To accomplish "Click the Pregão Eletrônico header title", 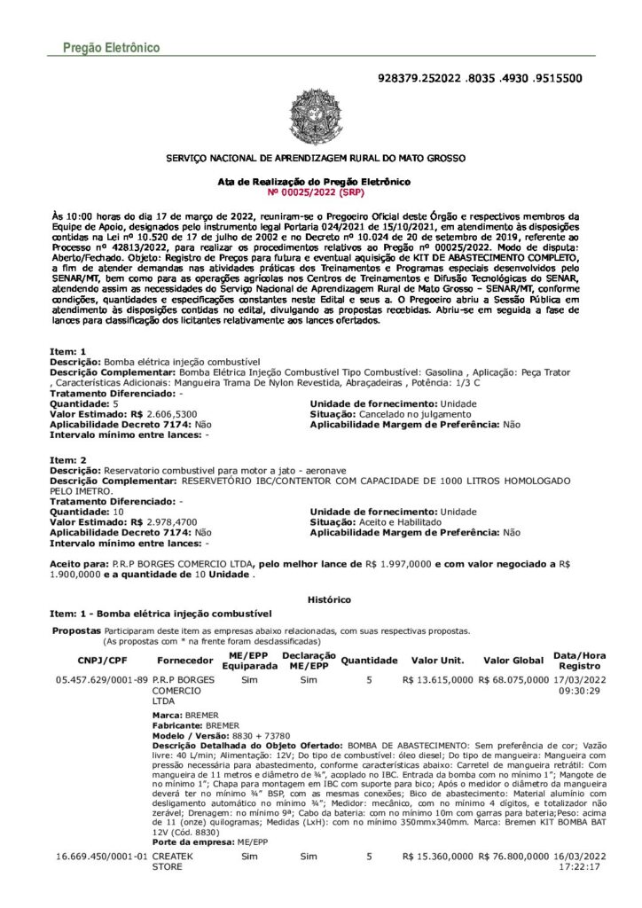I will pyautogui.click(x=111, y=46).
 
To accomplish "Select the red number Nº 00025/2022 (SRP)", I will pyautogui.click(x=315, y=191).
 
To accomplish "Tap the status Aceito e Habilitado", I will pyautogui.click(x=399, y=523).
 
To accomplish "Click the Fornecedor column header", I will pyautogui.click(x=184, y=661).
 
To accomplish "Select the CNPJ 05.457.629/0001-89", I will pyautogui.click(x=101, y=680).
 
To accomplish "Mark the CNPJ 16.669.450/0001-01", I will pyautogui.click(x=101, y=857).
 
